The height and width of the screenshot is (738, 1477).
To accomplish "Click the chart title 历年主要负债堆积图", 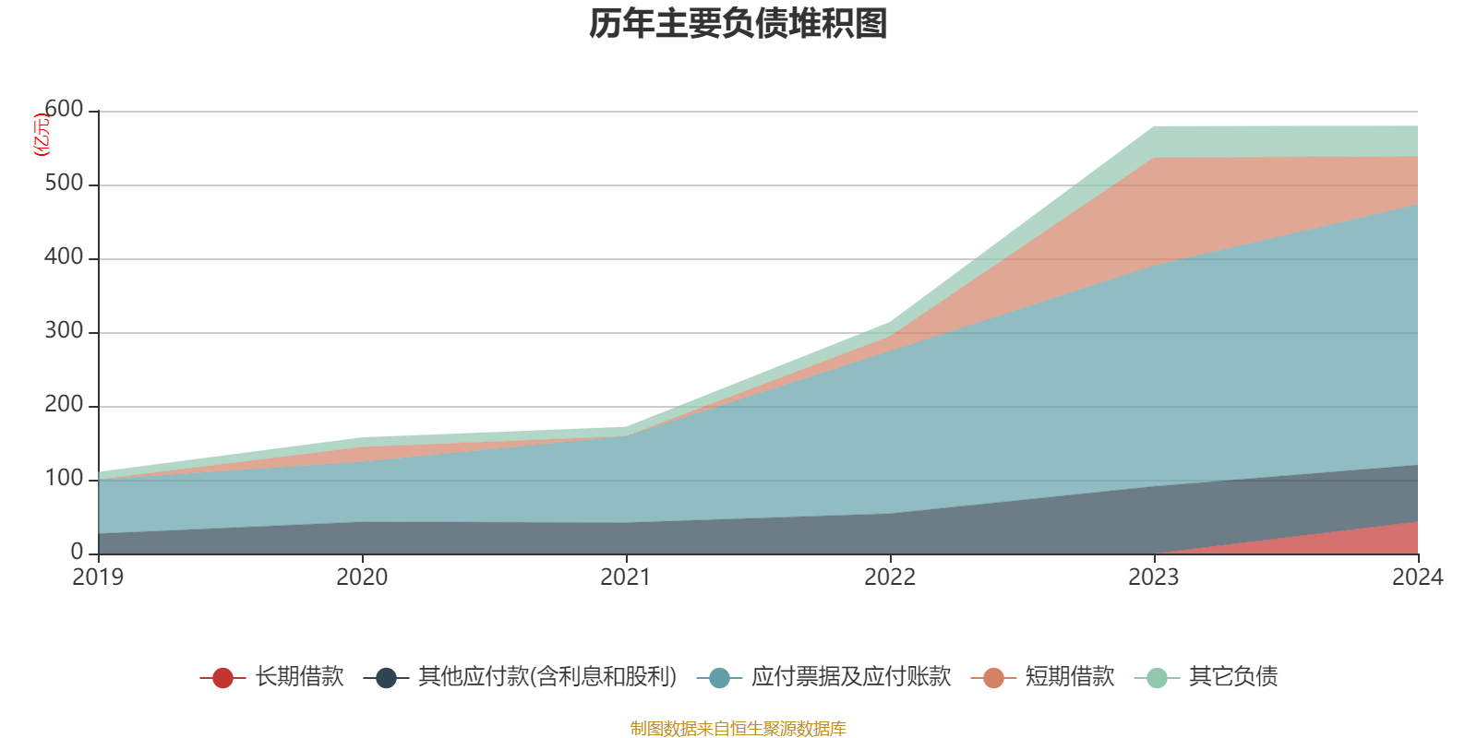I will (x=738, y=24).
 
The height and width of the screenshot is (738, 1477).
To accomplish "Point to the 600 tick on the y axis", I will (x=64, y=110).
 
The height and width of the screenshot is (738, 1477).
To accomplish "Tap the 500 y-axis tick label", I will (x=64, y=184).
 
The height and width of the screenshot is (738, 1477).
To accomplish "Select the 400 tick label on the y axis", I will (x=64, y=257).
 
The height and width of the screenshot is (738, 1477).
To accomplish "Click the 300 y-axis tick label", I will (x=64, y=331).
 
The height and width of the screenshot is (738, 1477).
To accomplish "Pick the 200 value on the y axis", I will (x=64, y=405).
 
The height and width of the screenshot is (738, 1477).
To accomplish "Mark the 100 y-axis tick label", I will (x=64, y=479).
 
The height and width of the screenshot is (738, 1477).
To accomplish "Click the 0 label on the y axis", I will (x=77, y=552).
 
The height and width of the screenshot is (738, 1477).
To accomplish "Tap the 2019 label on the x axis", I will (x=98, y=577).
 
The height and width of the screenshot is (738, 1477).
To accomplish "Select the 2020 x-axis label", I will (x=362, y=577).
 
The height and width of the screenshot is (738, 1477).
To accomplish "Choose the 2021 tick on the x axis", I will (x=626, y=577).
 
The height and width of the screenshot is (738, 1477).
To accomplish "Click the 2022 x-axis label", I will (x=890, y=577).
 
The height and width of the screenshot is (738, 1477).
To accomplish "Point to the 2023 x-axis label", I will (x=1154, y=577).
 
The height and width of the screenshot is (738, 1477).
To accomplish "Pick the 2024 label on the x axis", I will (x=1417, y=577).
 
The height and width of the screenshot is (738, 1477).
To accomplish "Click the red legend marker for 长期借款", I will (x=222, y=678).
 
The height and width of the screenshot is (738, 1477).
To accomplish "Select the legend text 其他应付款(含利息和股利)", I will (x=547, y=677).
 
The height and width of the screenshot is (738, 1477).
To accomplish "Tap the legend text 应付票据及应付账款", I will (x=850, y=677).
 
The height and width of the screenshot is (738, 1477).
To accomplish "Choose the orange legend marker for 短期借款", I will (x=993, y=678).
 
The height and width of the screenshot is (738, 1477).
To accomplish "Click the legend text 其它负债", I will (x=1233, y=677).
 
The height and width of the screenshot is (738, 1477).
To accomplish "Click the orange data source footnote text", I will (x=738, y=729).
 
